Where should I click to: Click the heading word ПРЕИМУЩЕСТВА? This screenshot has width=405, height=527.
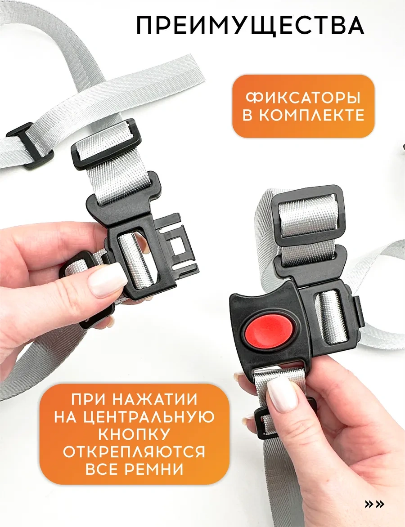click(x=250, y=25)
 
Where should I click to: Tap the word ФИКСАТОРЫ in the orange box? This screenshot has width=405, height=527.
click(x=303, y=98)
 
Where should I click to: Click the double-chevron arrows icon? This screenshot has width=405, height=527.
click(x=374, y=504)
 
